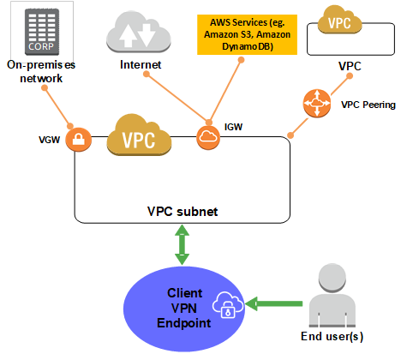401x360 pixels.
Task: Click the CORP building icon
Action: click(x=34, y=30)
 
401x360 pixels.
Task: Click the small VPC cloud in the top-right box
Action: click(x=344, y=21)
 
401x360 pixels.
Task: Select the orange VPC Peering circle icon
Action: click(x=316, y=105)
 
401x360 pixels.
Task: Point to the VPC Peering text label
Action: click(x=368, y=105)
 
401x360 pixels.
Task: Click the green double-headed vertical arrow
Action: click(x=181, y=247)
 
